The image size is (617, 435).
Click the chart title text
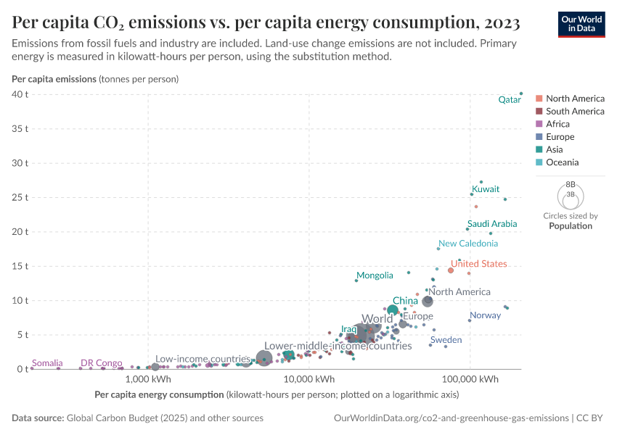(265, 23)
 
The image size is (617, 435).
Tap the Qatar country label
(510, 100)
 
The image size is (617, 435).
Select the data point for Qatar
(521, 93)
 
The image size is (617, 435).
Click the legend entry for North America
(574, 99)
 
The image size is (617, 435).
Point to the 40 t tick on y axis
(20, 94)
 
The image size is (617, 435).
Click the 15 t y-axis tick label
(20, 266)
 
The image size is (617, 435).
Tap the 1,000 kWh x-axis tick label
(148, 379)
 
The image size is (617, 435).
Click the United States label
(478, 264)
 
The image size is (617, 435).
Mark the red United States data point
(451, 270)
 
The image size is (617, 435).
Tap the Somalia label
(48, 363)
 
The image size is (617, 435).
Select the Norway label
(485, 315)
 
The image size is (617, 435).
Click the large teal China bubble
(393, 310)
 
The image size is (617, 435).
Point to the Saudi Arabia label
(492, 224)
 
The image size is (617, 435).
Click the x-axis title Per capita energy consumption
(159, 395)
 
